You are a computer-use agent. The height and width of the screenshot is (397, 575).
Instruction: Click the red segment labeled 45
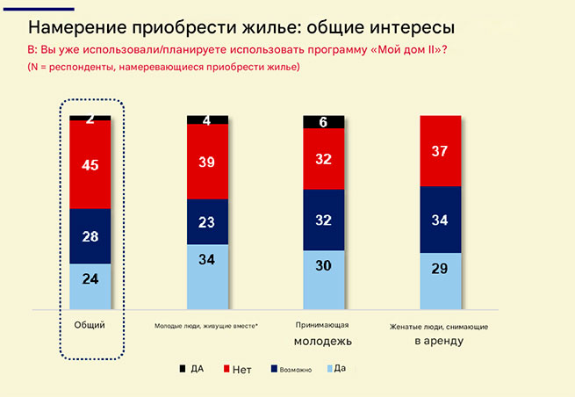[x=90, y=164]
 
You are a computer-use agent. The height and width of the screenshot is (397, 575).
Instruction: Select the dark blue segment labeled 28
[x=90, y=236]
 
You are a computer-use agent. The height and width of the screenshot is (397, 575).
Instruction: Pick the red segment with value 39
[x=207, y=162]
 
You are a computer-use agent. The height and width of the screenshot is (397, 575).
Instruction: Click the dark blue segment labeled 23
[x=207, y=222]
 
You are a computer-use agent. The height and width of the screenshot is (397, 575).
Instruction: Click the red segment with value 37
[x=440, y=151]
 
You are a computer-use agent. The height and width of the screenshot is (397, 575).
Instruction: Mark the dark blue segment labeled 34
[x=440, y=220]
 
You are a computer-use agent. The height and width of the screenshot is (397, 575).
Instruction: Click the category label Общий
[x=90, y=325]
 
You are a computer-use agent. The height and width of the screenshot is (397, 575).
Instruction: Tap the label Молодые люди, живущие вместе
[x=205, y=327]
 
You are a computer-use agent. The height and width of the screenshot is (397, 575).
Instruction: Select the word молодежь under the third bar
[x=323, y=341]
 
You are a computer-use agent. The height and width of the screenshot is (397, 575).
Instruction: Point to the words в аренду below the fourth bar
[x=439, y=341]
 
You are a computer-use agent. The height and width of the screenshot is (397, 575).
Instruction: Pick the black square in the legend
[x=182, y=369]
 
